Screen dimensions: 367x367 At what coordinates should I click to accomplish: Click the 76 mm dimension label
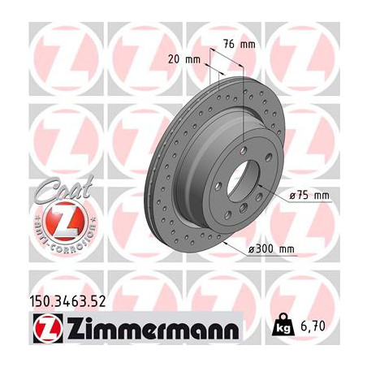click(x=235, y=43)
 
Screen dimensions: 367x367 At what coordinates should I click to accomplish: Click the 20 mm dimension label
click(x=186, y=58)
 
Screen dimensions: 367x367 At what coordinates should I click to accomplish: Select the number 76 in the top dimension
click(x=227, y=43)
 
